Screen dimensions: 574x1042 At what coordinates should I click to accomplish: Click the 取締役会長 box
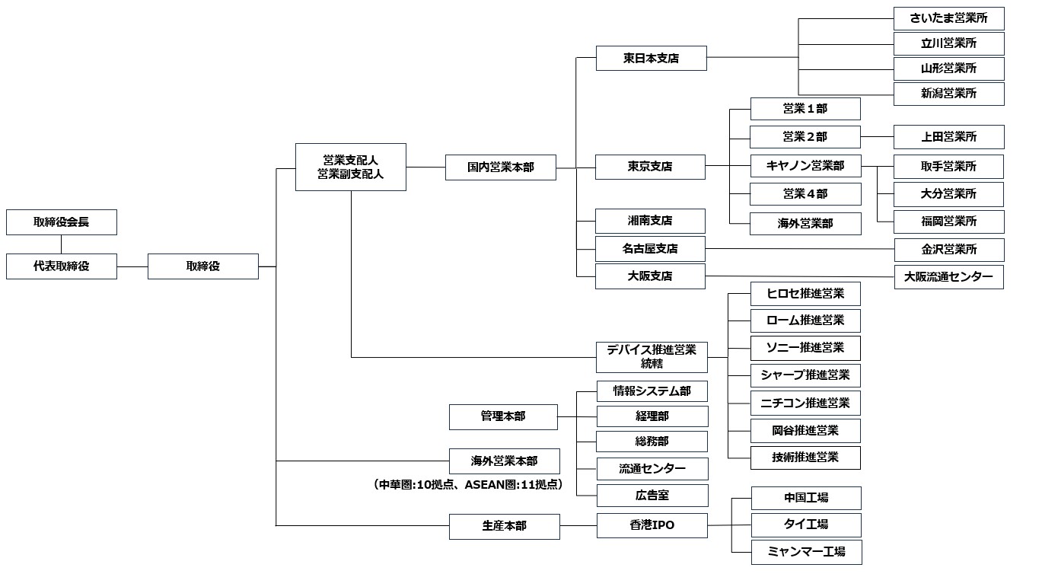pyautogui.click(x=62, y=222)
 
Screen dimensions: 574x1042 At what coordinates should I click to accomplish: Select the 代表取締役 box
pyautogui.click(x=62, y=266)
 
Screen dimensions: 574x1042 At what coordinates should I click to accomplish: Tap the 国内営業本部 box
pyautogui.click(x=500, y=167)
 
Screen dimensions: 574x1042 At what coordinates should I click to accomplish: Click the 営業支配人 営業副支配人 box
pyautogui.click(x=350, y=167)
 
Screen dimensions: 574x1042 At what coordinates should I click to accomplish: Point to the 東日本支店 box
pyautogui.click(x=651, y=58)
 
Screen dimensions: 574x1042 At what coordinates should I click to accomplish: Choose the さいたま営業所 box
pyautogui.click(x=948, y=18)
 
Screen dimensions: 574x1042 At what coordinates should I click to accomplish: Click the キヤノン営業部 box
pyautogui.click(x=805, y=165)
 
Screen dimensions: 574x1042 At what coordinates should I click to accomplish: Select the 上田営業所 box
pyautogui.click(x=948, y=137)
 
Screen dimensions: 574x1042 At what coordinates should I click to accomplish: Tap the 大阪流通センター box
pyautogui.click(x=948, y=277)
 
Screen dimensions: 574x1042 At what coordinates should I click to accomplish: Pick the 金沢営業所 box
pyautogui.click(x=948, y=250)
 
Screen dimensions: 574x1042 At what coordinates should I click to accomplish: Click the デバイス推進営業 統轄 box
pyautogui.click(x=651, y=356)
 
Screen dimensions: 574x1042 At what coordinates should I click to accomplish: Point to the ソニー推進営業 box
pyautogui.click(x=805, y=348)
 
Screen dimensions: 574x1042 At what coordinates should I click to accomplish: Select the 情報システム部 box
pyautogui.click(x=652, y=391)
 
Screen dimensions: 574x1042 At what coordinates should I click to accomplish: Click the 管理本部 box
pyautogui.click(x=502, y=416)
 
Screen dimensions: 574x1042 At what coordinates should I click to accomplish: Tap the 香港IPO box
pyautogui.click(x=652, y=525)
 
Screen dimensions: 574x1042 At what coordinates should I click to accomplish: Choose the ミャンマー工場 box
pyautogui.click(x=806, y=552)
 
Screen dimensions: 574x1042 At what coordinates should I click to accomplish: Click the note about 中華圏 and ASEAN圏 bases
pyautogui.click(x=468, y=484)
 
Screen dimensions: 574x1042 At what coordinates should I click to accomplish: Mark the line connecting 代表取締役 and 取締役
pyautogui.click(x=132, y=266)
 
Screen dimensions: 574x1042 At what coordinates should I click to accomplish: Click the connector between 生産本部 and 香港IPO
pyautogui.click(x=578, y=525)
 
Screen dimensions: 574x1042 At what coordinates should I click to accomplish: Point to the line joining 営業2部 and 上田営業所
pyautogui.click(x=877, y=137)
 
